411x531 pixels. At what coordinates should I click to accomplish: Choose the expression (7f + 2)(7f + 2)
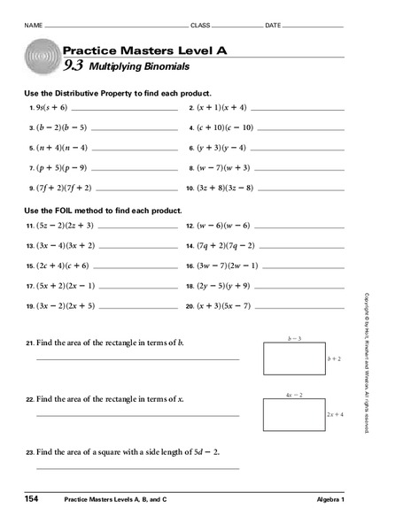pyautogui.click(x=64, y=188)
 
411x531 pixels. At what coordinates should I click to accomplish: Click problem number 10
pyautogui.click(x=190, y=188)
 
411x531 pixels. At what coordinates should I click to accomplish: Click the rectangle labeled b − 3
pyautogui.click(x=294, y=359)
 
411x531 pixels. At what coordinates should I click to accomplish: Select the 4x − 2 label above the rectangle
pyautogui.click(x=295, y=393)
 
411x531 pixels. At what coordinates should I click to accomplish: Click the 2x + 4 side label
pyautogui.click(x=335, y=414)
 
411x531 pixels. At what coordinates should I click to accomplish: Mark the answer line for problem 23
pyautogui.click(x=137, y=468)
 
